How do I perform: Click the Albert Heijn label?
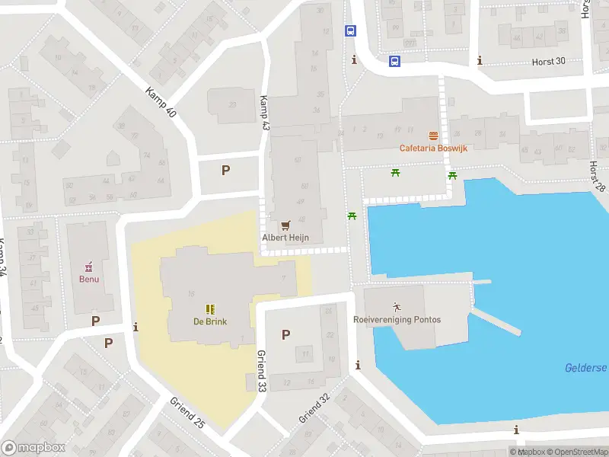click(x=285, y=238)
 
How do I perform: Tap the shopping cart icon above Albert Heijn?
click(x=285, y=225)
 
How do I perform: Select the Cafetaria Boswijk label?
click(x=433, y=148)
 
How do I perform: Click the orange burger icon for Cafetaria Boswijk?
click(x=433, y=136)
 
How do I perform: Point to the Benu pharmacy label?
click(x=89, y=279)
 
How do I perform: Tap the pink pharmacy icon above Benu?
click(x=89, y=267)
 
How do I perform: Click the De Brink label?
click(x=209, y=321)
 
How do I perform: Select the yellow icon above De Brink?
click(x=209, y=308)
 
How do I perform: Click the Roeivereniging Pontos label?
click(x=397, y=320)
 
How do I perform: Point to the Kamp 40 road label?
click(x=160, y=102)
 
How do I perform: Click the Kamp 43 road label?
click(x=264, y=112)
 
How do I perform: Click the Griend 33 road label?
click(x=261, y=370)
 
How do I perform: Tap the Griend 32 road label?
click(x=314, y=408)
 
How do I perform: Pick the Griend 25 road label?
click(x=187, y=413)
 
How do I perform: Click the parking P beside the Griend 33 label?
click(x=285, y=334)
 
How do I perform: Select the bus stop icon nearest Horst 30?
click(x=395, y=61)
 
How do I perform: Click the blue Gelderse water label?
click(x=585, y=368)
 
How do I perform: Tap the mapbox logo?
click(x=33, y=448)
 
